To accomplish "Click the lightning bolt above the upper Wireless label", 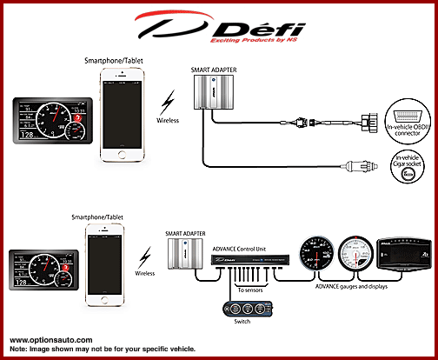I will (169, 98).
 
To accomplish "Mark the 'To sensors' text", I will (254, 290).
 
